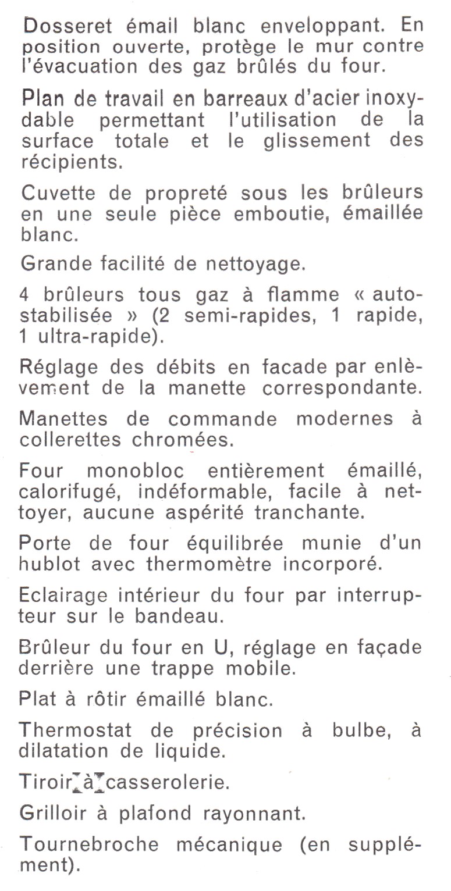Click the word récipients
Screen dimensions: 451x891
tap(72, 161)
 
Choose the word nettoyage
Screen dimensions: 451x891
tap(256, 265)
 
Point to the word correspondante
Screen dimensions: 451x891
tap(342, 388)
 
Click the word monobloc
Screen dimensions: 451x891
tap(135, 471)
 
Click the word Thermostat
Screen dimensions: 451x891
tap(76, 730)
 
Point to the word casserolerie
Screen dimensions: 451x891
tap(168, 782)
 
